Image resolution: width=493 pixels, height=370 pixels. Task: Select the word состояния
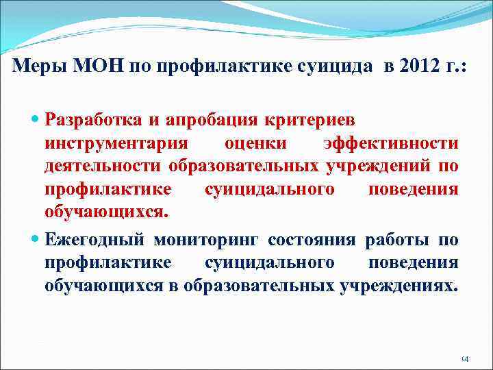point(312,240)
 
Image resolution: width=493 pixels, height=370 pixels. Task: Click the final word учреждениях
point(397,285)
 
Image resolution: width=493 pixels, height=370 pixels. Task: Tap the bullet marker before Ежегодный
point(36,241)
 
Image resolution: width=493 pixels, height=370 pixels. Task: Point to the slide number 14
point(464,358)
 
